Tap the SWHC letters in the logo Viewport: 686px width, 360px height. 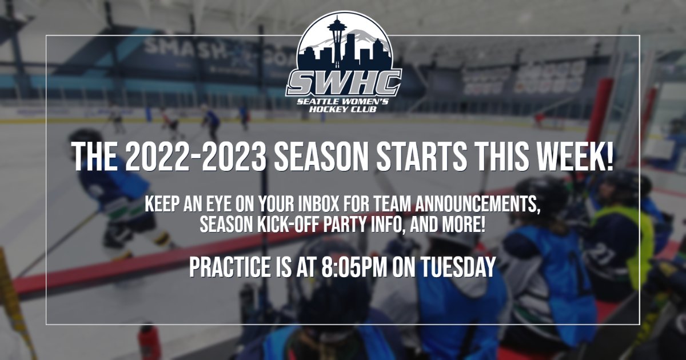coord(344,83)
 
